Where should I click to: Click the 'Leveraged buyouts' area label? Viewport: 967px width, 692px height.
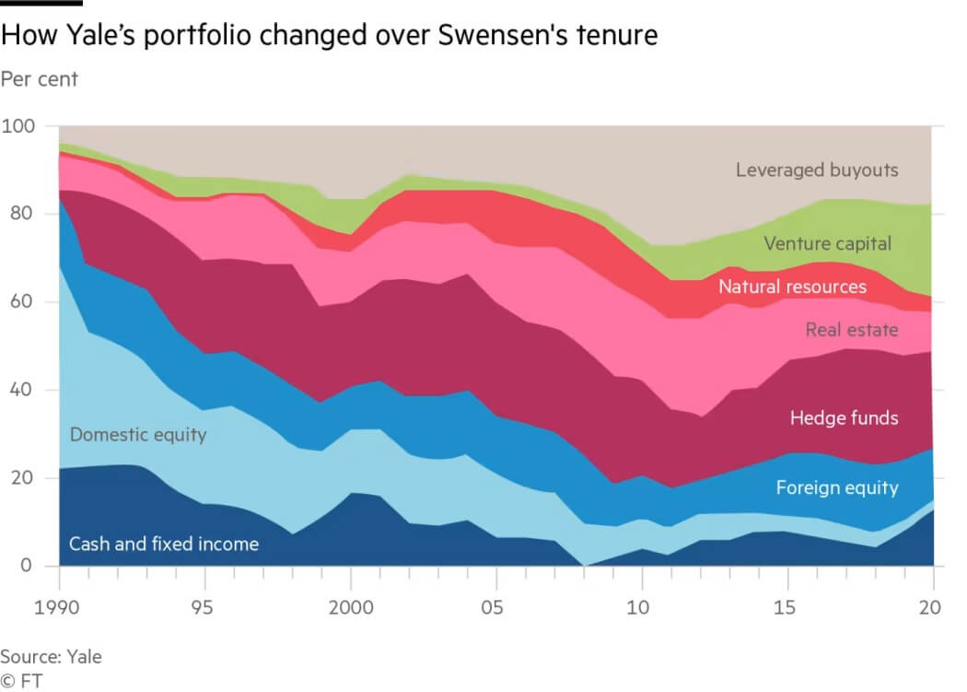(x=816, y=170)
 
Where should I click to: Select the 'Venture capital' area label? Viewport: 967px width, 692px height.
(x=828, y=244)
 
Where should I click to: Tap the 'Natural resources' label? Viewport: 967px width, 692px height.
(x=792, y=287)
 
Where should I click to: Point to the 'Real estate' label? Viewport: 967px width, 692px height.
(x=851, y=329)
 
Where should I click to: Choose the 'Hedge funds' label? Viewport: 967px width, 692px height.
(x=844, y=418)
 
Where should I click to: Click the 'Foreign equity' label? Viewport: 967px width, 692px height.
(x=836, y=487)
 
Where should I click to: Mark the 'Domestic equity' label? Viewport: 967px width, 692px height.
(x=137, y=433)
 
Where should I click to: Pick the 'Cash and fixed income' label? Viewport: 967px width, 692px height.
(x=164, y=544)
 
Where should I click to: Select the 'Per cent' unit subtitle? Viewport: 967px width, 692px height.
(x=40, y=79)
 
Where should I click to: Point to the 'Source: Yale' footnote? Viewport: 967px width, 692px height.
(x=51, y=657)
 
